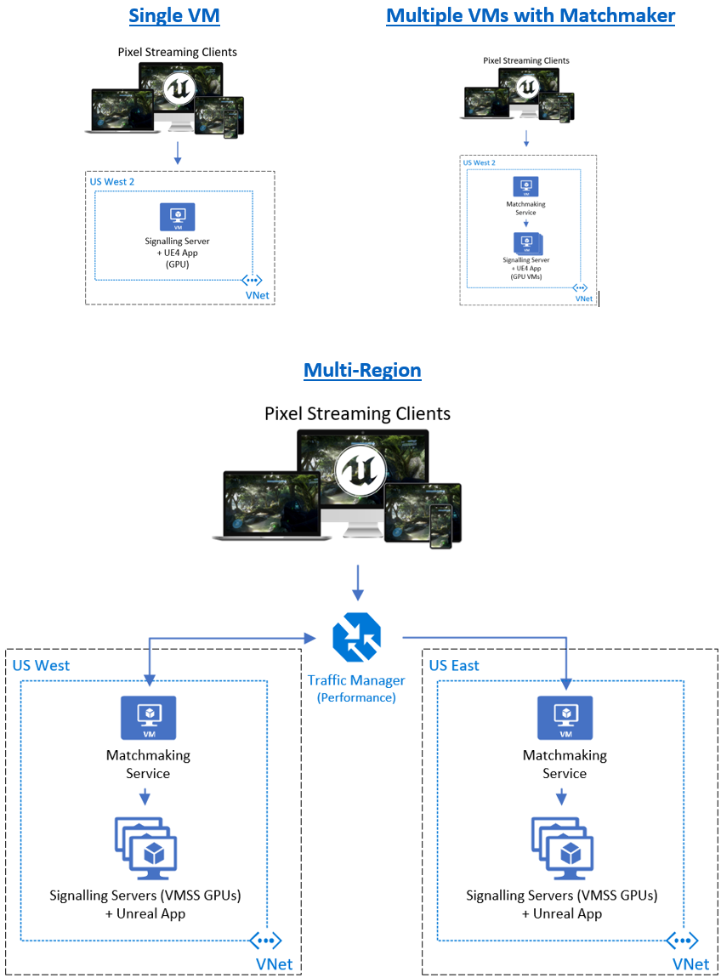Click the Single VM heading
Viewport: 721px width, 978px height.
tap(174, 15)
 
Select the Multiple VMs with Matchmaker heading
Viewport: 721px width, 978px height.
tap(531, 15)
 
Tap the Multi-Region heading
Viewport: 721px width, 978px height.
tap(362, 371)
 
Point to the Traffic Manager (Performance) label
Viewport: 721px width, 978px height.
tap(356, 689)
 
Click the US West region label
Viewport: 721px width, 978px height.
tap(42, 666)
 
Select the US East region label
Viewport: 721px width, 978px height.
tap(454, 666)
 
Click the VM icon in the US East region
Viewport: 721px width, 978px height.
tap(565, 718)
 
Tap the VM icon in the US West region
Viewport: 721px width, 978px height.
tap(148, 718)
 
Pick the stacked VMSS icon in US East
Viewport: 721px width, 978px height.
tap(561, 849)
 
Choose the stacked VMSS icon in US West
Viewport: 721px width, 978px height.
tap(145, 849)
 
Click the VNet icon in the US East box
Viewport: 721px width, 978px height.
tap(682, 941)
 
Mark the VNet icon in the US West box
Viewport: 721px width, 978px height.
tap(265, 941)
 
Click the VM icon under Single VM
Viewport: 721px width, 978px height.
tap(177, 217)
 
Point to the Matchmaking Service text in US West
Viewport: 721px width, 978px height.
tap(148, 764)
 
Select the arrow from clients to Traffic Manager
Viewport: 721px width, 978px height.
tap(357, 583)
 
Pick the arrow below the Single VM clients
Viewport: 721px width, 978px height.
tap(177, 153)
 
